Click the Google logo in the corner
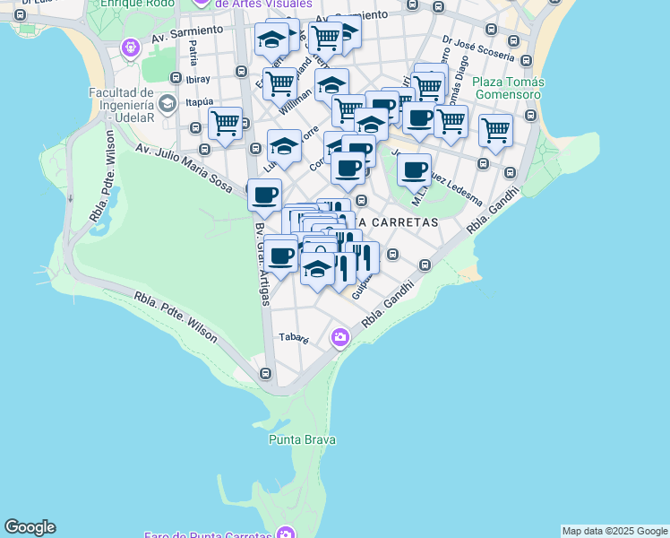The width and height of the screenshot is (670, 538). (30, 527)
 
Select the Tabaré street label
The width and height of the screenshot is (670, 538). (294, 339)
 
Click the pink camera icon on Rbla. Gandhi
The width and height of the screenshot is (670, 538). (339, 337)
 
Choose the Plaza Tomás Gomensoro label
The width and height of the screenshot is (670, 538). (508, 88)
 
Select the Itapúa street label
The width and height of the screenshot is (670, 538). (199, 102)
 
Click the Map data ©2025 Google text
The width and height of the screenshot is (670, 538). (614, 531)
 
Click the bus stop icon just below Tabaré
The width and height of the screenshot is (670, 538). (265, 373)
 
